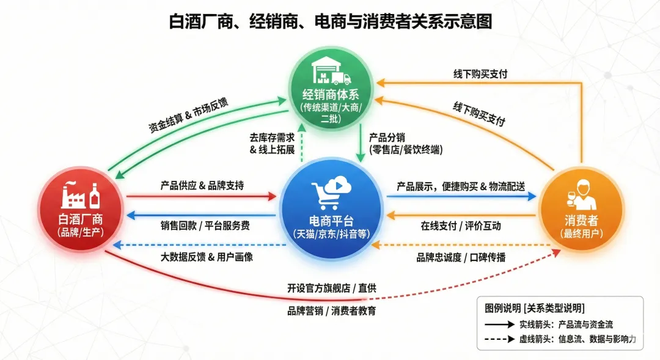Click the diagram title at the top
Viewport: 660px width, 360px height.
tap(330, 22)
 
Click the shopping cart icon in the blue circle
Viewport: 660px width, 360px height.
tap(331, 192)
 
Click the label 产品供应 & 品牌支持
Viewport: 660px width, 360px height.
tap(202, 185)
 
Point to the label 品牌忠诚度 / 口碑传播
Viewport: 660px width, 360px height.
tap(461, 257)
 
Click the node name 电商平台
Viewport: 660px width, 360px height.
tap(331, 220)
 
